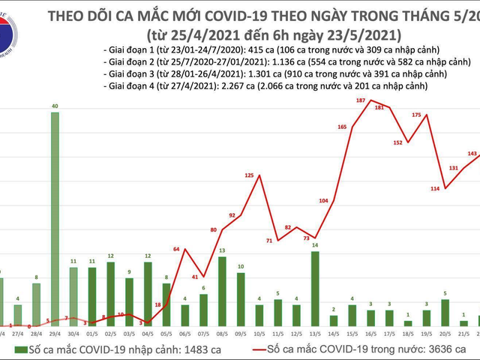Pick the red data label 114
tap(434, 187)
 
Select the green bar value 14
tap(315, 245)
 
